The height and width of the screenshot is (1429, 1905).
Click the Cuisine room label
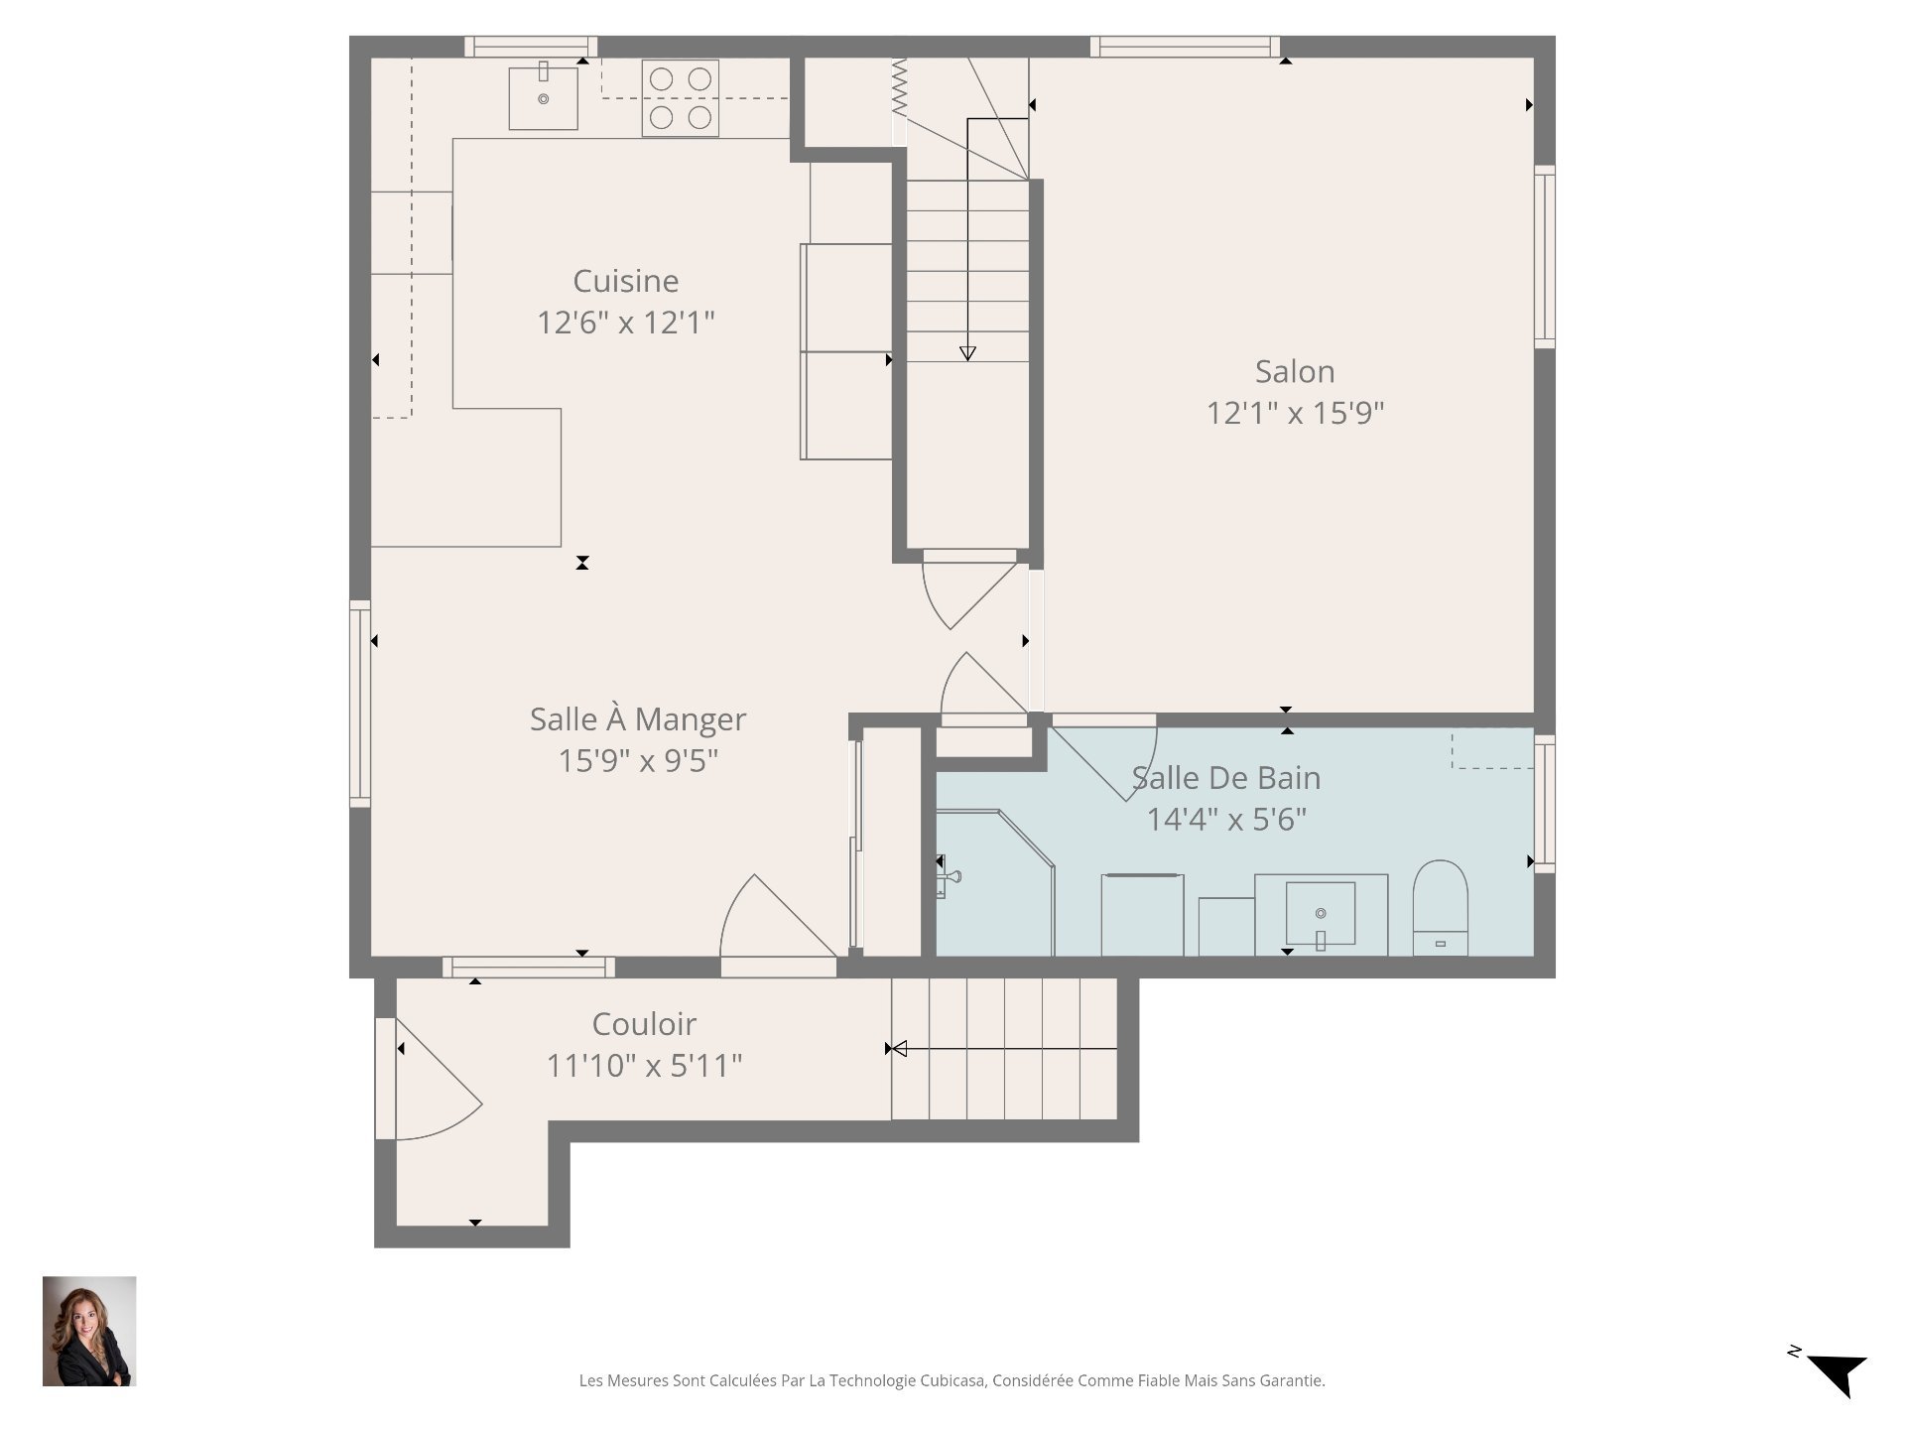coord(625,282)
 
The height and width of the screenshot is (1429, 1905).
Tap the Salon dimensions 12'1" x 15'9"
coord(1295,413)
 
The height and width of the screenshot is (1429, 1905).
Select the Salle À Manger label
coord(637,719)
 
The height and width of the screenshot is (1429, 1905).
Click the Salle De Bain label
coord(1226,778)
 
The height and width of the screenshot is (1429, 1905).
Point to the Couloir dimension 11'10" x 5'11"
coord(644,1066)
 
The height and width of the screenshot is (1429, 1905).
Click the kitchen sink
coord(543,97)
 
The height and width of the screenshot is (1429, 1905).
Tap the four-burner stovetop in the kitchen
coord(680,97)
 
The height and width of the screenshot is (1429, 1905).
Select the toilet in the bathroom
coord(1440,906)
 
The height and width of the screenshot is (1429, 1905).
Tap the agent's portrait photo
coord(89,1331)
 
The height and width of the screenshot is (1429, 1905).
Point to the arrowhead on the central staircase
coord(967,353)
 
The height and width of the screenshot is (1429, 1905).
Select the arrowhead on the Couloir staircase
coord(897,1049)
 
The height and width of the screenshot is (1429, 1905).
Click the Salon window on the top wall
coord(1184,47)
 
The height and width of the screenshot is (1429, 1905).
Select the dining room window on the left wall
coord(359,703)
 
